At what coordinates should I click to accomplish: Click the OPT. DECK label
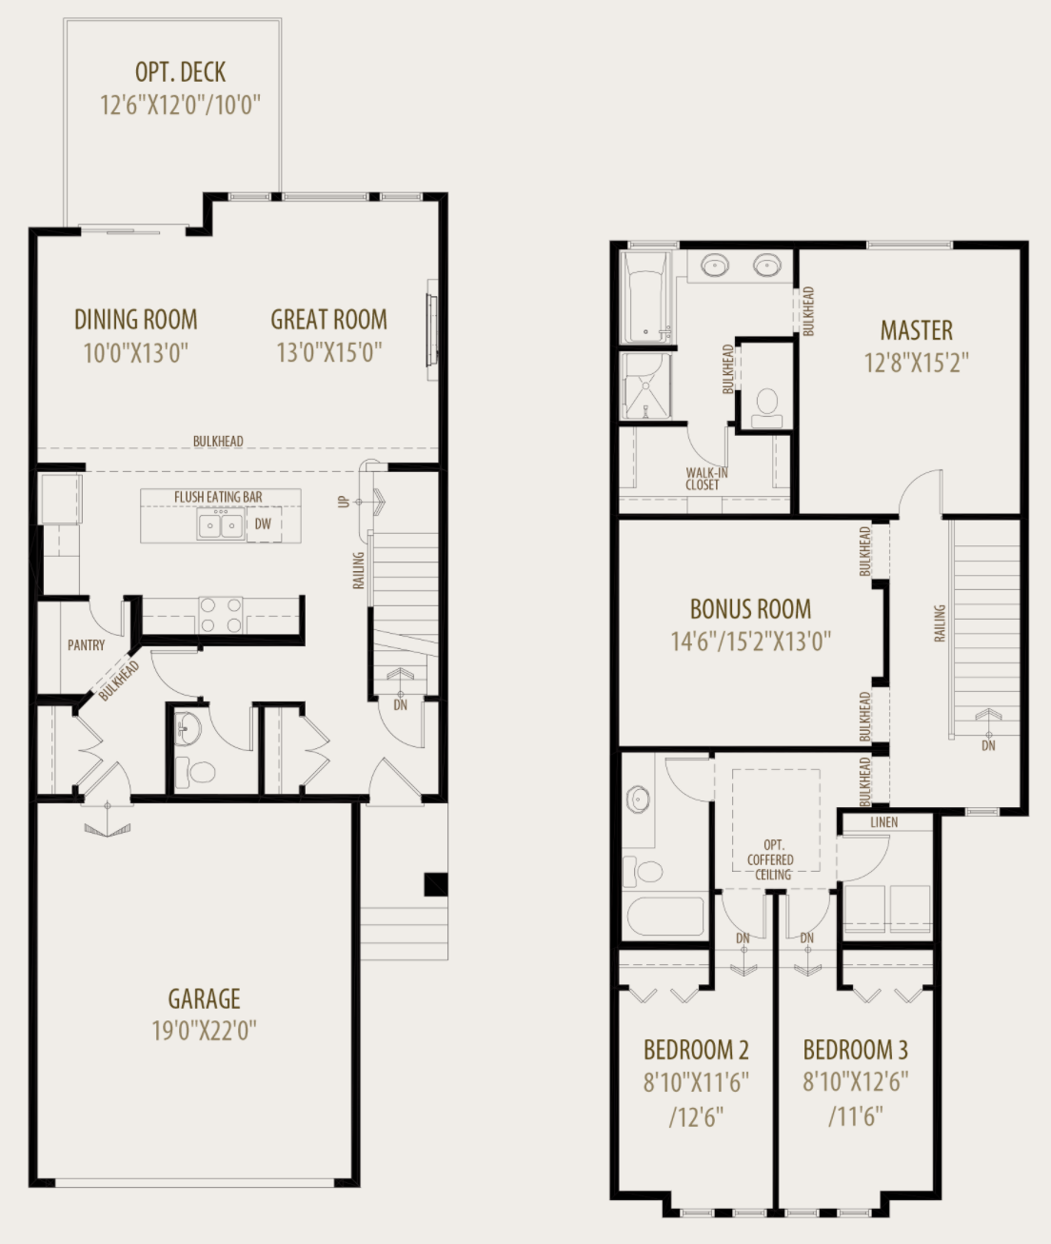(180, 72)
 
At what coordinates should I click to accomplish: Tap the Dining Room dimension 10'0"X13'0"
(135, 353)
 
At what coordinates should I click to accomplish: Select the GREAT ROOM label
(328, 320)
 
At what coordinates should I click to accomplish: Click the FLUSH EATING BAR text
(218, 497)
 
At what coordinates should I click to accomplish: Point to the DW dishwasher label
(263, 524)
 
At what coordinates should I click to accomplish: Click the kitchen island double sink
(220, 524)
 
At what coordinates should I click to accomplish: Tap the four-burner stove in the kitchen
(220, 615)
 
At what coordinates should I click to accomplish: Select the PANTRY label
(86, 645)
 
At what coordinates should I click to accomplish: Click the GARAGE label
(204, 999)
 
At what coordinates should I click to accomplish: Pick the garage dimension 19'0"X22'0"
(204, 1031)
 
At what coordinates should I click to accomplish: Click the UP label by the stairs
(344, 501)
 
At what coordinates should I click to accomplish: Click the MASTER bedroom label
(916, 330)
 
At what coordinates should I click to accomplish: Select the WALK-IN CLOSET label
(703, 479)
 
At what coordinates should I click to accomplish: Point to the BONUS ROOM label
(750, 609)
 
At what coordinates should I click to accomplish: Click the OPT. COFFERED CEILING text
(770, 859)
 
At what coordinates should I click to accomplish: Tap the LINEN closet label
(883, 821)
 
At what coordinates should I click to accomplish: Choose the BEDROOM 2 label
(696, 1050)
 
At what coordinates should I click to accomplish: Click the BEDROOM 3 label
(855, 1050)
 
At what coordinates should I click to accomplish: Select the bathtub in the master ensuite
(646, 297)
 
